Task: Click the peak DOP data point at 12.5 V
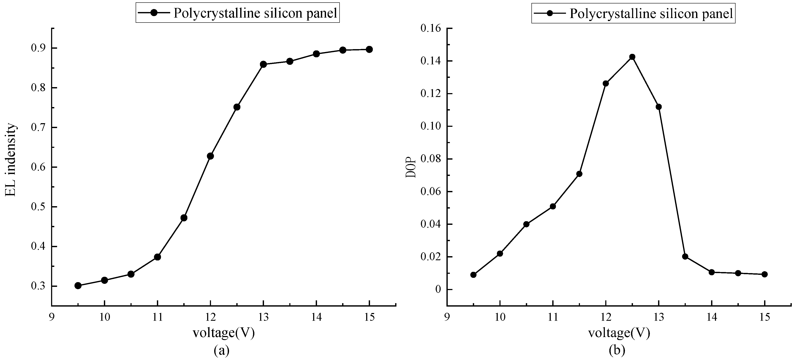coord(632,57)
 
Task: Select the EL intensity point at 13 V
coord(263,64)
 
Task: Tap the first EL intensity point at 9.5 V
coord(78,286)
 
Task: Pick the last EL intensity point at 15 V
coord(369,49)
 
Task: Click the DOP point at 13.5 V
coord(685,256)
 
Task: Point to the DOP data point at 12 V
coord(605,83)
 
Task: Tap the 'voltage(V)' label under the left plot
coord(223,333)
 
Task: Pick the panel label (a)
coord(222,350)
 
